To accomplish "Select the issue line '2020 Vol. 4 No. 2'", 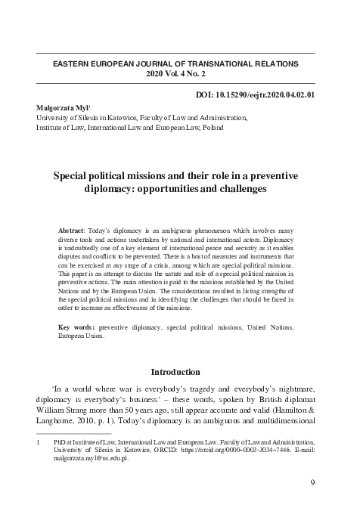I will point(175,75).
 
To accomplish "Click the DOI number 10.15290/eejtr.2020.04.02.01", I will point(262,94).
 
